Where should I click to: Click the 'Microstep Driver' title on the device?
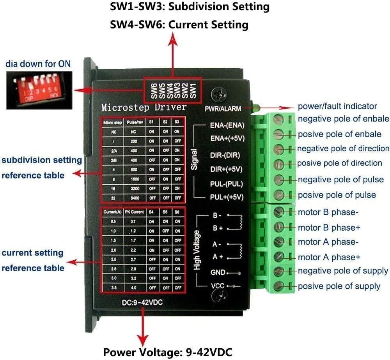[x=144, y=107]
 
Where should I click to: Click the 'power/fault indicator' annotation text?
[x=337, y=106]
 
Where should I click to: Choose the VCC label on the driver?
[x=218, y=286]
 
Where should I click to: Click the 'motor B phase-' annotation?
[x=328, y=212]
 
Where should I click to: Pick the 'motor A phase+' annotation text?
[x=329, y=257]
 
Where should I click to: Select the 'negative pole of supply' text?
[x=343, y=271]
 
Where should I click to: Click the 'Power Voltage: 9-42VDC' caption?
[x=168, y=352]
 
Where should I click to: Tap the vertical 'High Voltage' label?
[x=197, y=250]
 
